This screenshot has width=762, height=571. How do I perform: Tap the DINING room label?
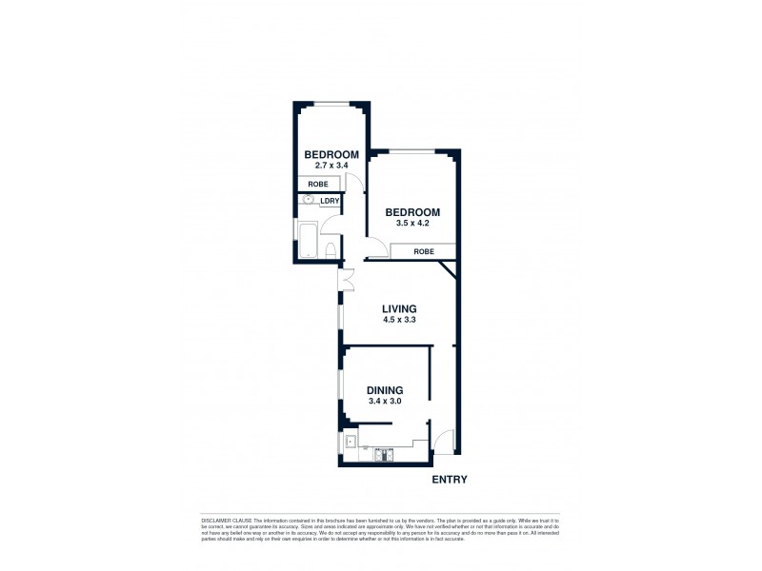[x=385, y=390]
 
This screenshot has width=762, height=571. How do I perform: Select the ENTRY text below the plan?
[x=450, y=480]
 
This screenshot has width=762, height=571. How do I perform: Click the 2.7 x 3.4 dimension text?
[x=331, y=167]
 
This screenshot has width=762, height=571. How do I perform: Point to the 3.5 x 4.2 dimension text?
[x=411, y=224]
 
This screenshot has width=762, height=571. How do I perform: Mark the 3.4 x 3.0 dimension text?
[x=385, y=402]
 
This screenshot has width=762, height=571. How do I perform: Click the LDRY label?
[x=329, y=201]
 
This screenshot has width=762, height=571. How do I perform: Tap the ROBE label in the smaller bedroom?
[x=318, y=184]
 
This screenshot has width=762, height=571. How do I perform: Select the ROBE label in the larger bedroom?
[x=425, y=251]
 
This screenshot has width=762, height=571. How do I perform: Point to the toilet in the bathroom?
[x=330, y=250]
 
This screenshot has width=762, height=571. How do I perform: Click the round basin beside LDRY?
[x=308, y=201]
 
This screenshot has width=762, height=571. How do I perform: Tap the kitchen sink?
[x=351, y=441]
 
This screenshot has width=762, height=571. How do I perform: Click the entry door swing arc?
[x=445, y=442]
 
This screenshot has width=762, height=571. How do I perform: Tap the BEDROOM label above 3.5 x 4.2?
[x=411, y=212]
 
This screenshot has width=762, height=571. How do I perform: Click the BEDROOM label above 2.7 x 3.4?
[x=331, y=155]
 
